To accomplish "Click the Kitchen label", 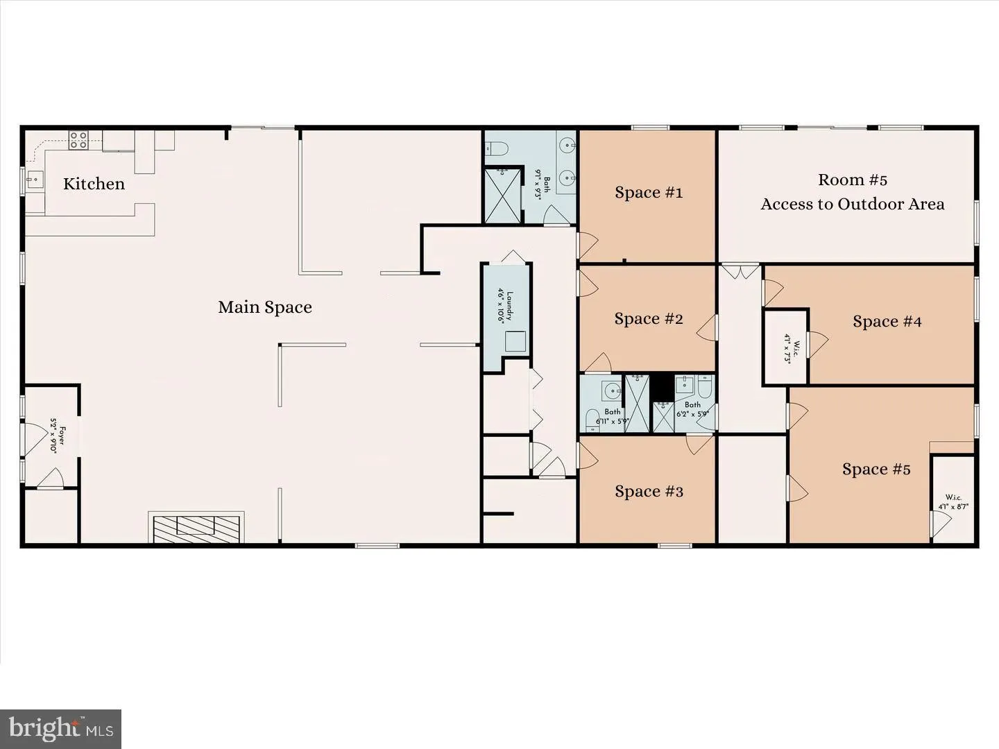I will [94, 184].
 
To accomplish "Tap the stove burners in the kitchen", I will [78, 141].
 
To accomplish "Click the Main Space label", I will [264, 307].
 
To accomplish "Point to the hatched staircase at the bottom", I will [197, 529].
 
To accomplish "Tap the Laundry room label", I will [505, 306].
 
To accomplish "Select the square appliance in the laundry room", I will [515, 342].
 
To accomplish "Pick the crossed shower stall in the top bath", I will [503, 195].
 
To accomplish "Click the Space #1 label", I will [649, 193].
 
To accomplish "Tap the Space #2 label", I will [649, 319].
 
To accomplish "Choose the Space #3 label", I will [649, 492].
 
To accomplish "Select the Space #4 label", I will [887, 322].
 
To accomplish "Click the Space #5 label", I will [876, 470].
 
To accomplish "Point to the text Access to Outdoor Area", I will [852, 204].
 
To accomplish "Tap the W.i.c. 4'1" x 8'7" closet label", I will [953, 501].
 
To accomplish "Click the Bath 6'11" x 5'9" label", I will [612, 416].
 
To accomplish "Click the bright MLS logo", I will [61, 729].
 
